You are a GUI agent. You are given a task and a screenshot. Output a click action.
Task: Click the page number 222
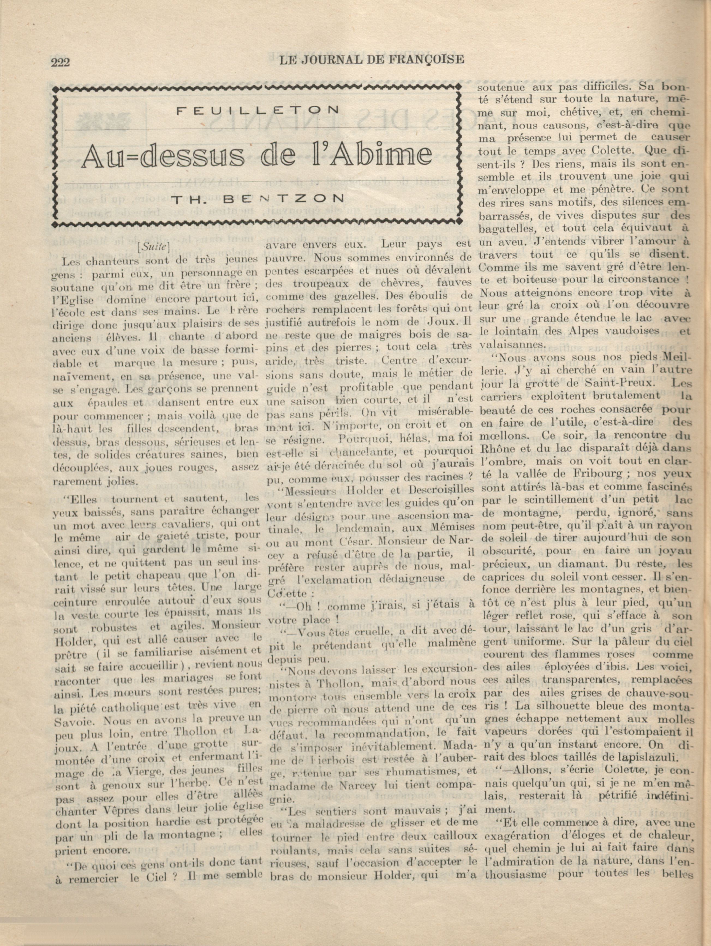click(60, 63)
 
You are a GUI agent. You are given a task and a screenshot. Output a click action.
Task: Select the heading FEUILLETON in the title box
click(258, 110)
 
